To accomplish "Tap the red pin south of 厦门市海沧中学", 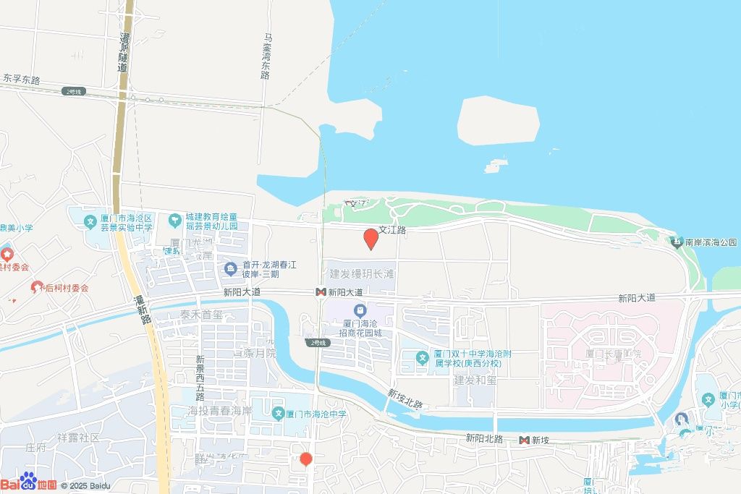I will pyautogui.click(x=306, y=459).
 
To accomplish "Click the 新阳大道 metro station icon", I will pyautogui.click(x=320, y=292).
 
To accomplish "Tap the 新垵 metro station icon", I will pyautogui.click(x=524, y=440).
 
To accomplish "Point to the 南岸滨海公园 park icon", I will pyautogui.click(x=677, y=242).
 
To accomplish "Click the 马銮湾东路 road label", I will pyautogui.click(x=266, y=55).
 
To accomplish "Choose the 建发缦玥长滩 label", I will pyautogui.click(x=362, y=274).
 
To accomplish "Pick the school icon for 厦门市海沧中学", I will pyautogui.click(x=278, y=414).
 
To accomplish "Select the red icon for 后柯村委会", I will pyautogui.click(x=37, y=287).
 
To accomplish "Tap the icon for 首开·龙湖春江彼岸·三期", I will pyautogui.click(x=231, y=269).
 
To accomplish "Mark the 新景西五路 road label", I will pyautogui.click(x=200, y=378).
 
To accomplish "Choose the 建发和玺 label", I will pyautogui.click(x=475, y=380).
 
